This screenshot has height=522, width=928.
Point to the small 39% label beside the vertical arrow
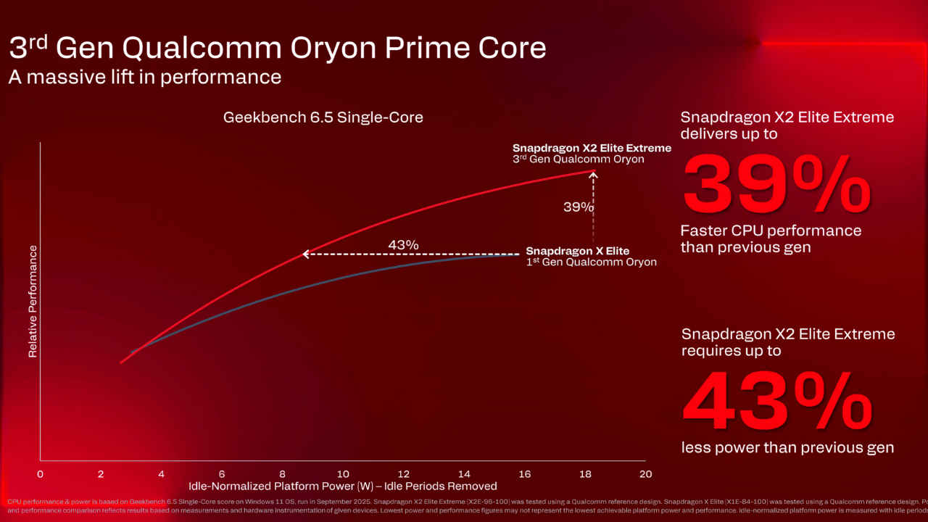pyautogui.click(x=578, y=207)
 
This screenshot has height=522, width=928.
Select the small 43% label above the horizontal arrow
pyautogui.click(x=403, y=245)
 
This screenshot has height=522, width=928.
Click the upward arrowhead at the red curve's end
pyautogui.click(x=594, y=174)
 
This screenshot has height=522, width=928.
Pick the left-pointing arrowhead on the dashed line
pyautogui.click(x=306, y=254)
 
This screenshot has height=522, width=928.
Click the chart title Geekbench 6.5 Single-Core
pyautogui.click(x=323, y=117)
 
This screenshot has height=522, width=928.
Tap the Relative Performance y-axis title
pyautogui.click(x=33, y=301)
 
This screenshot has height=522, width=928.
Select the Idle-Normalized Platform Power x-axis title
pyautogui.click(x=343, y=486)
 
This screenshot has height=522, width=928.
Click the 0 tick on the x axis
pyautogui.click(x=40, y=474)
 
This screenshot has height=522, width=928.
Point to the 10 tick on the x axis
pyautogui.click(x=343, y=474)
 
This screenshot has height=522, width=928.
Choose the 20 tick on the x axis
pyautogui.click(x=645, y=474)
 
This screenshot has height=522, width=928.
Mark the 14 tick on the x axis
pyautogui.click(x=464, y=474)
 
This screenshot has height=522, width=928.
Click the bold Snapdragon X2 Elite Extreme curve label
pyautogui.click(x=592, y=148)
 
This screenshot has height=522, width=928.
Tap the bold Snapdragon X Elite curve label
pyautogui.click(x=578, y=251)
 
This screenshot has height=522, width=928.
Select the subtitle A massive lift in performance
pyautogui.click(x=145, y=77)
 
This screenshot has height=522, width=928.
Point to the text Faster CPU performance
pyautogui.click(x=771, y=231)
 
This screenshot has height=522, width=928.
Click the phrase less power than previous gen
pyautogui.click(x=787, y=447)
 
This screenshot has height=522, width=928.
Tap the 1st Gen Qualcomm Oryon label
pyautogui.click(x=591, y=262)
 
